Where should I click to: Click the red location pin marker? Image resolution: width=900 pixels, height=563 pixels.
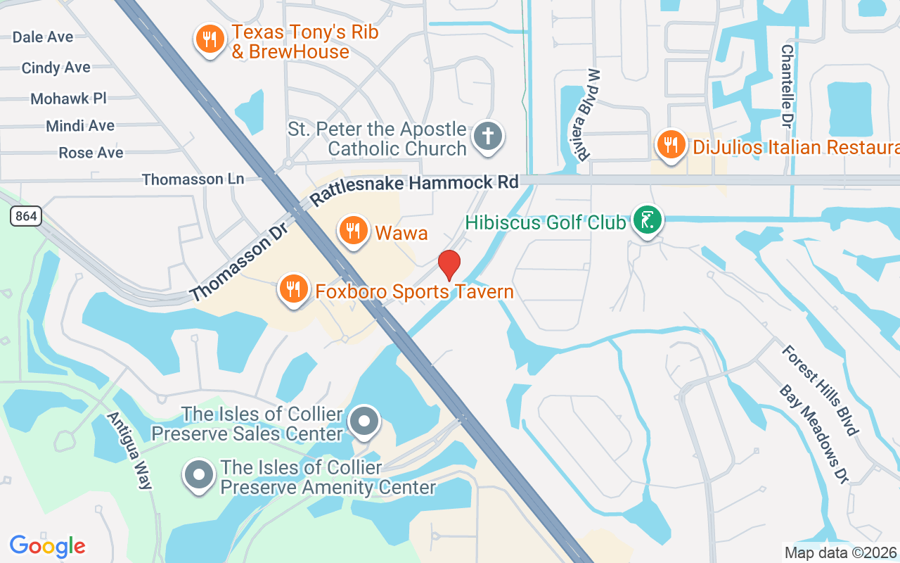tap(449, 265)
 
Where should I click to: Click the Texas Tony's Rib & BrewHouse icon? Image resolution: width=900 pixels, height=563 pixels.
tap(210, 39)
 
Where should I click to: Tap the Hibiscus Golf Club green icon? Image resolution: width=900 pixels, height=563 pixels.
tap(647, 220)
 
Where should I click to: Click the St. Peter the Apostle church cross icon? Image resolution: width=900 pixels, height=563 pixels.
tap(487, 135)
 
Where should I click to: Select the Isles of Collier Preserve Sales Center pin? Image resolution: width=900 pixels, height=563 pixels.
tap(364, 422)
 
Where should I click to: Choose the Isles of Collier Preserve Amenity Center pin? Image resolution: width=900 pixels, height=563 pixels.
tap(199, 475)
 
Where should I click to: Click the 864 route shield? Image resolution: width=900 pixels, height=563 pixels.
tap(26, 216)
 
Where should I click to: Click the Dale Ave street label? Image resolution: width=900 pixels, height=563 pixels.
tap(43, 37)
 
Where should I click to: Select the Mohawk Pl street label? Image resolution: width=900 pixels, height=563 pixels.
tap(68, 98)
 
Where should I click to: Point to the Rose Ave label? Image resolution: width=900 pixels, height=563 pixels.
tap(91, 153)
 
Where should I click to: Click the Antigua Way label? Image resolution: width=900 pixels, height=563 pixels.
tap(129, 450)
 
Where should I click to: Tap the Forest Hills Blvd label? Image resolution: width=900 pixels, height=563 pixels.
tap(821, 389)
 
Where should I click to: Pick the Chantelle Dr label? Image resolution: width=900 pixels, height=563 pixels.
tap(787, 77)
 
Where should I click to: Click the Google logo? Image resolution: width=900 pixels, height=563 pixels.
tap(48, 546)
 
